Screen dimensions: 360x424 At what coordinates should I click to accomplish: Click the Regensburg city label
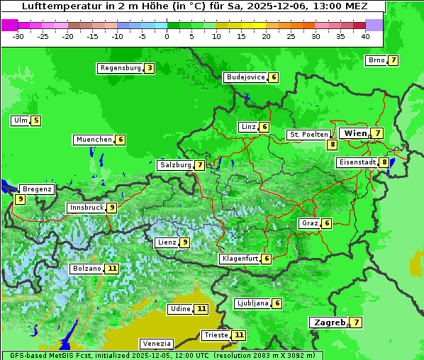pyautogui.click(x=120, y=68)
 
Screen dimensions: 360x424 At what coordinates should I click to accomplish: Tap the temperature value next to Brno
pyautogui.click(x=393, y=60)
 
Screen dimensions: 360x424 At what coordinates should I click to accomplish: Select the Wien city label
pyautogui.click(x=356, y=133)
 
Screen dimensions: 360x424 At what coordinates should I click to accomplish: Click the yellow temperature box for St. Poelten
pyautogui.click(x=332, y=145)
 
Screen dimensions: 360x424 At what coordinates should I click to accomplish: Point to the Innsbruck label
pyautogui.click(x=85, y=208)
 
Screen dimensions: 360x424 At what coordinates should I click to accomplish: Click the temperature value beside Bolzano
pyautogui.click(x=112, y=269)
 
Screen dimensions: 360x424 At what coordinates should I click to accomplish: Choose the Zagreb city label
pyautogui.click(x=328, y=322)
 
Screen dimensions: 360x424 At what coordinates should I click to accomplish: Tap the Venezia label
pyautogui.click(x=156, y=344)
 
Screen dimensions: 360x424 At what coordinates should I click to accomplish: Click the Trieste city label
pyautogui.click(x=216, y=334)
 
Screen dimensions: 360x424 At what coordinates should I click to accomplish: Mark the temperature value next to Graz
pyautogui.click(x=326, y=223)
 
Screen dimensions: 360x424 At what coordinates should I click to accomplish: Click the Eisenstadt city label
pyautogui.click(x=357, y=162)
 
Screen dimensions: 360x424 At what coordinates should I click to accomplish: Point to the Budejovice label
pyautogui.click(x=245, y=77)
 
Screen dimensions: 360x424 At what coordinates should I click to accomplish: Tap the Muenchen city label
pyautogui.click(x=94, y=140)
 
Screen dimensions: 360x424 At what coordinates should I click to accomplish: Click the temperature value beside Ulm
pyautogui.click(x=36, y=120)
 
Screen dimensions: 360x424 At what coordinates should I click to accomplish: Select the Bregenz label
pyautogui.click(x=36, y=189)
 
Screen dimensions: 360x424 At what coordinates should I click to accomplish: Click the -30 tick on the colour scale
pyautogui.click(x=18, y=36)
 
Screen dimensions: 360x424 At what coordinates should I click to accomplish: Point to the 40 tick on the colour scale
pyautogui.click(x=365, y=36)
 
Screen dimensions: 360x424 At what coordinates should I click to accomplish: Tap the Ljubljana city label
pyautogui.click(x=252, y=303)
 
